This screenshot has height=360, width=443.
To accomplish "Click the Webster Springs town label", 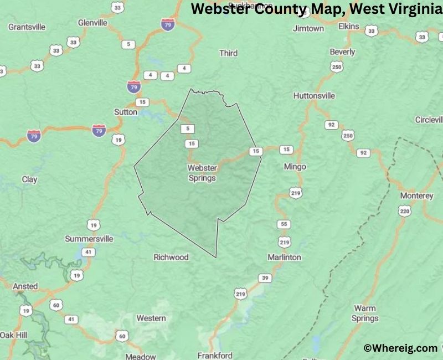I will (202, 173).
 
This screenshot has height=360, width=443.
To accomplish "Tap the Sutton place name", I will (126, 112).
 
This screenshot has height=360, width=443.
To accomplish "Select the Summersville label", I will (89, 239).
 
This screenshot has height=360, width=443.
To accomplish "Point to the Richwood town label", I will (171, 257).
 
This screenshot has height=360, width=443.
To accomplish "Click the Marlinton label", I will (284, 257).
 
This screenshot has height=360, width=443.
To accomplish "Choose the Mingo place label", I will (295, 166).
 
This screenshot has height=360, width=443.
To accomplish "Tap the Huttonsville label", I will (314, 95).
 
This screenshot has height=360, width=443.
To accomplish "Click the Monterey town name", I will (416, 196).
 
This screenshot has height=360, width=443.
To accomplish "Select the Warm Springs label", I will (365, 313).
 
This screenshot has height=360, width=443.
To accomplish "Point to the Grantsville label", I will (26, 26).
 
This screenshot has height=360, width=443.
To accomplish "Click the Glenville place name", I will (92, 23).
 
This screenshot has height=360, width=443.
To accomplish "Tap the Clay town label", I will (29, 179).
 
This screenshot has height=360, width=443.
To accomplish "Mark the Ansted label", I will (25, 286).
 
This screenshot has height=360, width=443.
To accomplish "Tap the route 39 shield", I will (266, 278).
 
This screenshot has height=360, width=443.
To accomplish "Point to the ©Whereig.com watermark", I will (400, 348).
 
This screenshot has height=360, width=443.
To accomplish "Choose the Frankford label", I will (214, 355).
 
